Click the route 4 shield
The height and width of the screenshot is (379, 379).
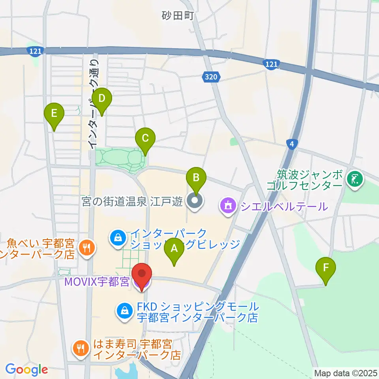(x=291, y=144)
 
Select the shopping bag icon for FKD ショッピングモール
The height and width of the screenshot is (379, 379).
(x=125, y=311)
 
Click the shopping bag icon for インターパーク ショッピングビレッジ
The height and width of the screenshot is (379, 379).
(x=118, y=237)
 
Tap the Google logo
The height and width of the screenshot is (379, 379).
(x=26, y=370)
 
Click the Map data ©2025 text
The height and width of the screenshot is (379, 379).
(x=345, y=373)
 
